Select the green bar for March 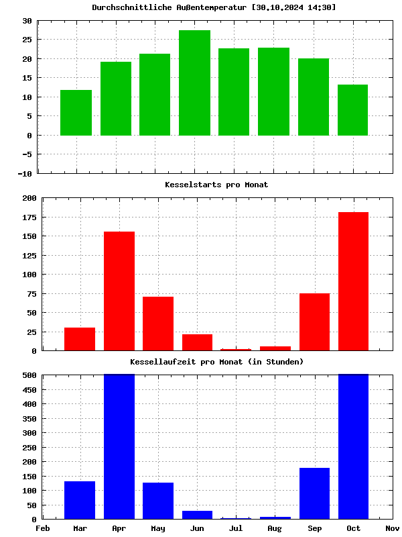(76, 112)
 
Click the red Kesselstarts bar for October (353, 281)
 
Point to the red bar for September (314, 322)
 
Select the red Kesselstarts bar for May (158, 323)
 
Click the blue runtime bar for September (314, 493)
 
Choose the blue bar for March (80, 500)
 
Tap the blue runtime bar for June (197, 515)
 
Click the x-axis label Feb (42, 528)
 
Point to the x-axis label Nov (392, 528)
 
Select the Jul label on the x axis (236, 528)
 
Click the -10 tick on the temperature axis (24, 174)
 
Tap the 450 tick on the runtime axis (29, 404)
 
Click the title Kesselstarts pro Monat (216, 185)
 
